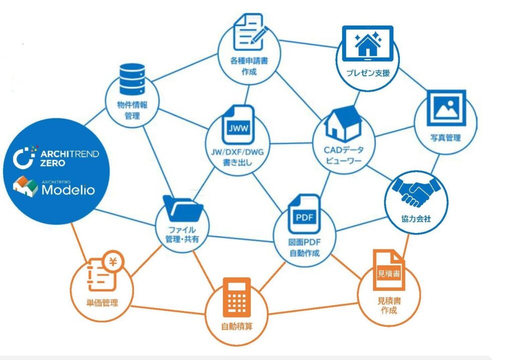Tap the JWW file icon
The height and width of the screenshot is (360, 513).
[x=238, y=125]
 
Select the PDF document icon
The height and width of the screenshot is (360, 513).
[x=304, y=214]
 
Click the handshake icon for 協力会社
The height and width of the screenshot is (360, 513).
[x=417, y=192]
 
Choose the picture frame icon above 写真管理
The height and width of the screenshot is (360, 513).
[x=446, y=108]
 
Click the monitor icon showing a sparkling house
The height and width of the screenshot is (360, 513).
[x=367, y=44]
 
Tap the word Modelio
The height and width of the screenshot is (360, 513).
[x=68, y=190]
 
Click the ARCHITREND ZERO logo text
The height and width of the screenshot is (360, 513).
[x=69, y=158]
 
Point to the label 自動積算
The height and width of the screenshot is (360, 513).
[x=237, y=326]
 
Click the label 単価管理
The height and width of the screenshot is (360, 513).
[x=102, y=303]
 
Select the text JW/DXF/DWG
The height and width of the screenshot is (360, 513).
[x=237, y=152]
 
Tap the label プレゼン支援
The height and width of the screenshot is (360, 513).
[x=368, y=73]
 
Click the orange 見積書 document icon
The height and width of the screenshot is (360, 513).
[x=389, y=270]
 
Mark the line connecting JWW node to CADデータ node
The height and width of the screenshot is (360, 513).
[x=291, y=143]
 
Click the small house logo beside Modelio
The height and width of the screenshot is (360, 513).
[x=26, y=186]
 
